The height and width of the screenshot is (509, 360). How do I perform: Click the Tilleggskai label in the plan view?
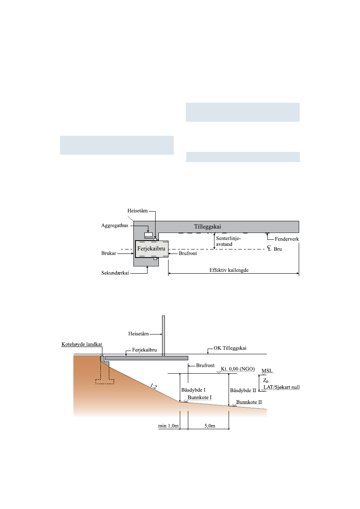208,226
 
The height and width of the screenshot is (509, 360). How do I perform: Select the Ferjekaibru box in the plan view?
152,249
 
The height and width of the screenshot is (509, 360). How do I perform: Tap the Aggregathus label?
114,225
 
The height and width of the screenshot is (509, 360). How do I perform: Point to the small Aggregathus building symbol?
148,235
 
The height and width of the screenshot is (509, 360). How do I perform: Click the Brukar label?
108,253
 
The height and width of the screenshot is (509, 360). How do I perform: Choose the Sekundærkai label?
115,273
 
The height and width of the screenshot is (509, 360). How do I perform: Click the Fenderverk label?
287,239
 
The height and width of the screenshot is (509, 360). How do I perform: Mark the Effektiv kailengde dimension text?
229,270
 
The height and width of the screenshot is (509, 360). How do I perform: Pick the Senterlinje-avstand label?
228,241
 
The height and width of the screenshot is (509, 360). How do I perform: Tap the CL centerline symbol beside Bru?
269,248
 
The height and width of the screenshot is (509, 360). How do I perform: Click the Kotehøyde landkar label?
82,344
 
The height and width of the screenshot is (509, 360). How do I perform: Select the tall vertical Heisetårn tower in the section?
163,336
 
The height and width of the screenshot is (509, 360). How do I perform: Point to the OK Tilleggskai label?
230,348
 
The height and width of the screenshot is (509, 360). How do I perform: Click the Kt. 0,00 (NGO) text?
238,369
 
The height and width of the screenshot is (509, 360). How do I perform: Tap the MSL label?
267,371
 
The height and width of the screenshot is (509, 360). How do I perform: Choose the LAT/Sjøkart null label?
282,387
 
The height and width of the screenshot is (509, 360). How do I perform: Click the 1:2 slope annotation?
154,386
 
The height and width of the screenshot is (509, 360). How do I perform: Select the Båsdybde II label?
243,391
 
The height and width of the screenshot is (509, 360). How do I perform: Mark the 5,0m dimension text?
210,426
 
